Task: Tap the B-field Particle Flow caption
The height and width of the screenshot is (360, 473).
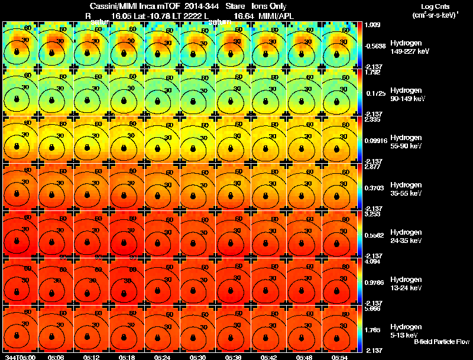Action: [x=442, y=342]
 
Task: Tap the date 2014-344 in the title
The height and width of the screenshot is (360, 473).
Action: [x=200, y=7]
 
